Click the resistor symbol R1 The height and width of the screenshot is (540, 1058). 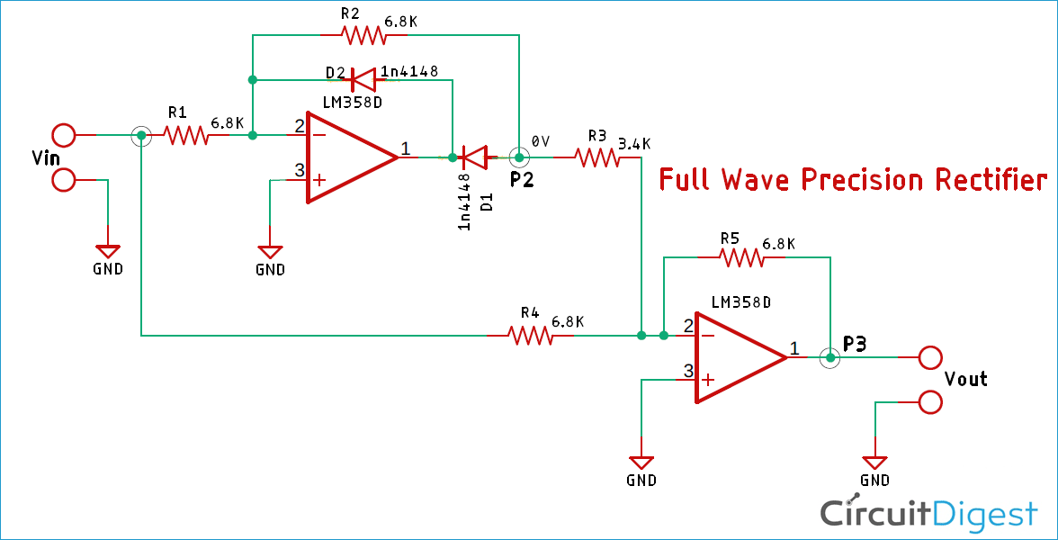coord(185,136)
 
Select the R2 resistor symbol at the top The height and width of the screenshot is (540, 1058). coord(364,35)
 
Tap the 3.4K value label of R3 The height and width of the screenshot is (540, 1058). coord(634,144)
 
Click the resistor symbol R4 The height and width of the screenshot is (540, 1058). coord(531,336)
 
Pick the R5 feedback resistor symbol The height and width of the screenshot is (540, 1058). coord(741,257)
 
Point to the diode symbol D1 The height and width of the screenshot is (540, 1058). coord(475,158)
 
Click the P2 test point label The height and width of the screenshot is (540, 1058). coord(522,181)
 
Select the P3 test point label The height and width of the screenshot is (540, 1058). coord(855,345)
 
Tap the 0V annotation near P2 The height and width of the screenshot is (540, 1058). coord(540,142)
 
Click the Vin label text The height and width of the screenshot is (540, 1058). coord(45,158)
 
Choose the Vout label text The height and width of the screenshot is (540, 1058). coord(965,379)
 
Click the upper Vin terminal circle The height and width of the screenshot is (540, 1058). coord(64,136)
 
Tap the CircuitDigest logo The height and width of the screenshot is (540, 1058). coord(929,512)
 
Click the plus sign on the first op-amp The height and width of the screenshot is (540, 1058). coord(319,180)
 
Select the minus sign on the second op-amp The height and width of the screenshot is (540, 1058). coord(708,335)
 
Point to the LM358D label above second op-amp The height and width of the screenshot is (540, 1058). coord(740,302)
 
